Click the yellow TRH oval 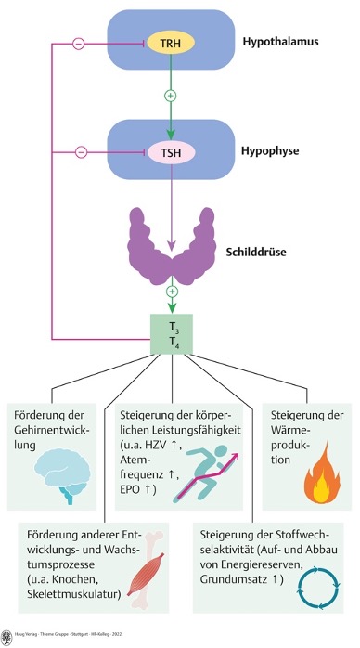(169, 44)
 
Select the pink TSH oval (169, 150)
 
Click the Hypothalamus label (277, 43)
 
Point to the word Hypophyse (272, 150)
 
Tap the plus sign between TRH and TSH (169, 97)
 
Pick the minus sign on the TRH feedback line (79, 44)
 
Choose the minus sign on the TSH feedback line (79, 150)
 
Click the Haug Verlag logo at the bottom (7, 638)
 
